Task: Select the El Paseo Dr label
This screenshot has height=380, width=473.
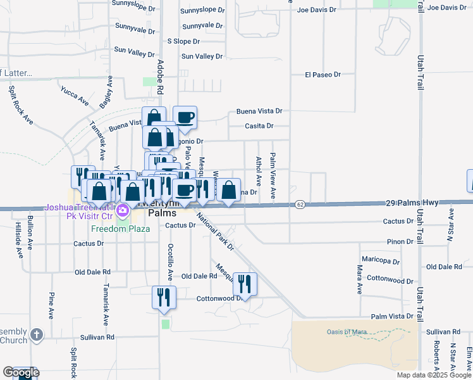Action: point(322,75)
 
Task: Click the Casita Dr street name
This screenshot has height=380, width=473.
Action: point(259,126)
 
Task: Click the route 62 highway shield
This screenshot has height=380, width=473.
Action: point(300,204)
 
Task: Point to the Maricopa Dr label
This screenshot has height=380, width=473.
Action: point(381,261)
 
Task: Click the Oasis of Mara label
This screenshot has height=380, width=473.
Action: point(347,332)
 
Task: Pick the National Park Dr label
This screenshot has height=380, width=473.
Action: point(214,231)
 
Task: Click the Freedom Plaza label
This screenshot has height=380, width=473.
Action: point(120,229)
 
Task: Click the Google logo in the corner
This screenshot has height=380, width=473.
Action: point(21,372)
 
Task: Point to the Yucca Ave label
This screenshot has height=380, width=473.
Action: point(75,97)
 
